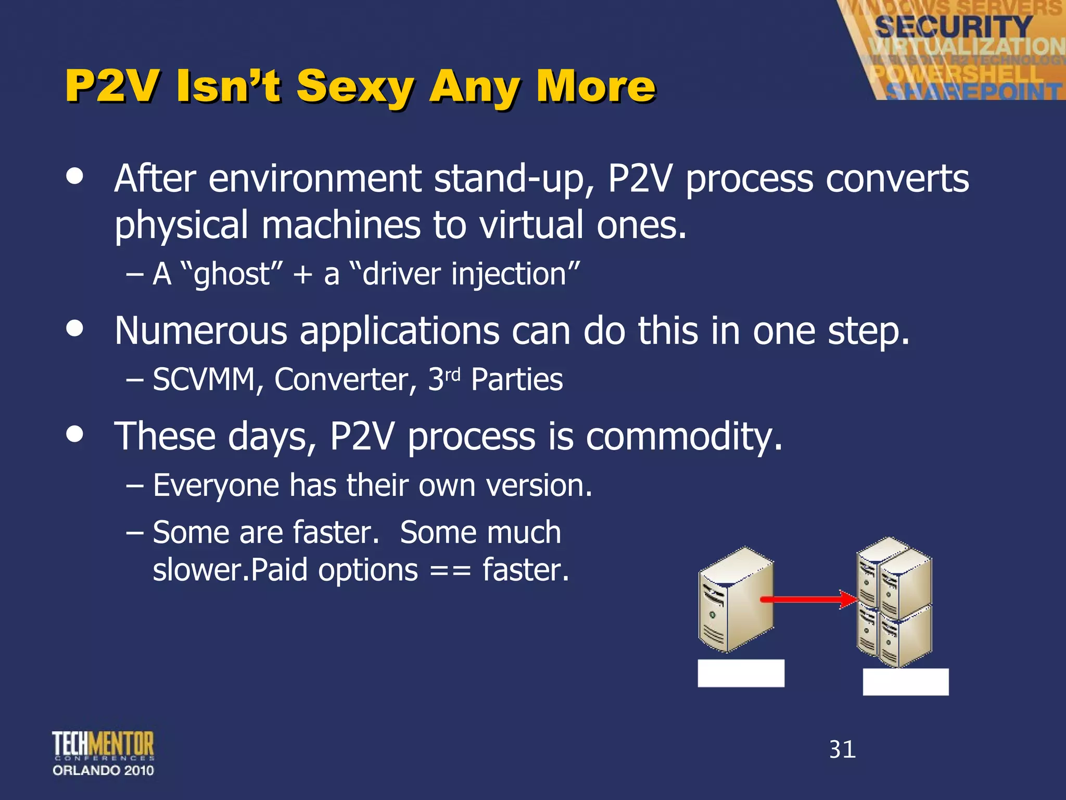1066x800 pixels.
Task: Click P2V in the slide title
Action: pyautogui.click(x=110, y=86)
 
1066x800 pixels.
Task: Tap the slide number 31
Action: pyautogui.click(x=842, y=749)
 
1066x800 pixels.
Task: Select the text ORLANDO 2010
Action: pyautogui.click(x=103, y=770)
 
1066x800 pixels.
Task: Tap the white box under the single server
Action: pyautogui.click(x=741, y=673)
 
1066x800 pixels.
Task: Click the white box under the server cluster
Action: pyautogui.click(x=906, y=682)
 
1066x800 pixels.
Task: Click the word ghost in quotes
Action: pyautogui.click(x=232, y=274)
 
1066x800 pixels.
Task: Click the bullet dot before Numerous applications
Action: pyautogui.click(x=75, y=329)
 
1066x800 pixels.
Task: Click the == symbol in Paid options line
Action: pyautogui.click(x=450, y=571)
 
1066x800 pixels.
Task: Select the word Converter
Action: pyautogui.click(x=345, y=379)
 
